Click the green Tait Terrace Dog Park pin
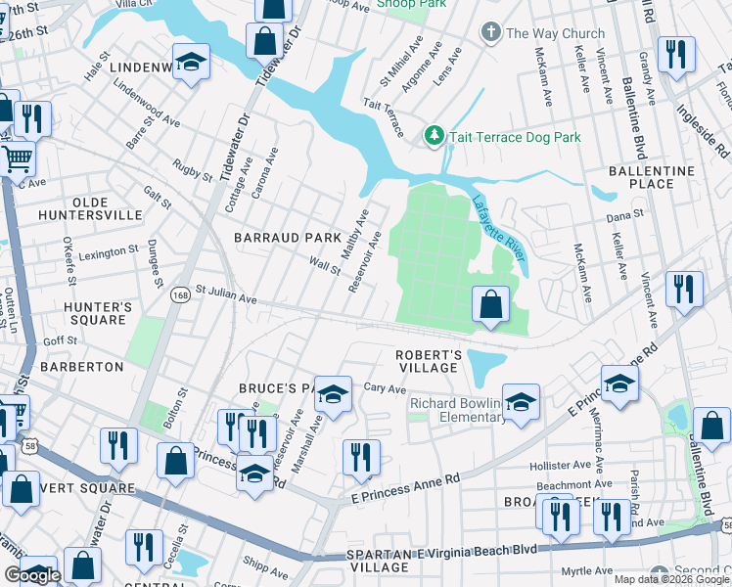434,136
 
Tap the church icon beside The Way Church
491,33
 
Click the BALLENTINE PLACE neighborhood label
652,177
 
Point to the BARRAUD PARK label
287,238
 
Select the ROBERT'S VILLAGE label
428,361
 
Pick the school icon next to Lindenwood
192,62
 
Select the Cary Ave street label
385,388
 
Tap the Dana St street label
624,213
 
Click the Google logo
33,575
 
